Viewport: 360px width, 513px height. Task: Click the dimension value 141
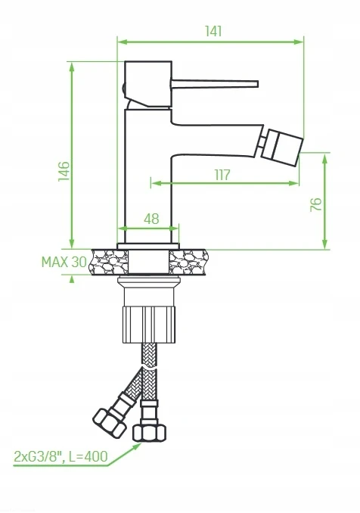213,31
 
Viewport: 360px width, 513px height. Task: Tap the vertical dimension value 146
64,171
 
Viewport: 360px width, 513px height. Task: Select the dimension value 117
222,175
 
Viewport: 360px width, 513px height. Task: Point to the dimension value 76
316,204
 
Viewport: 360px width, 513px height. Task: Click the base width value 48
151,219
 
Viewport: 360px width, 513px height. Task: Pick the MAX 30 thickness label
64,262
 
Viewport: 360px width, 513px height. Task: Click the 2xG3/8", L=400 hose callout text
61,456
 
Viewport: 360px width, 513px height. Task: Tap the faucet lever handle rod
214,84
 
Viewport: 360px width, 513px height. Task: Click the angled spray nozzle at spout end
281,148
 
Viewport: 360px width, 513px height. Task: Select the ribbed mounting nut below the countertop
149,325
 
